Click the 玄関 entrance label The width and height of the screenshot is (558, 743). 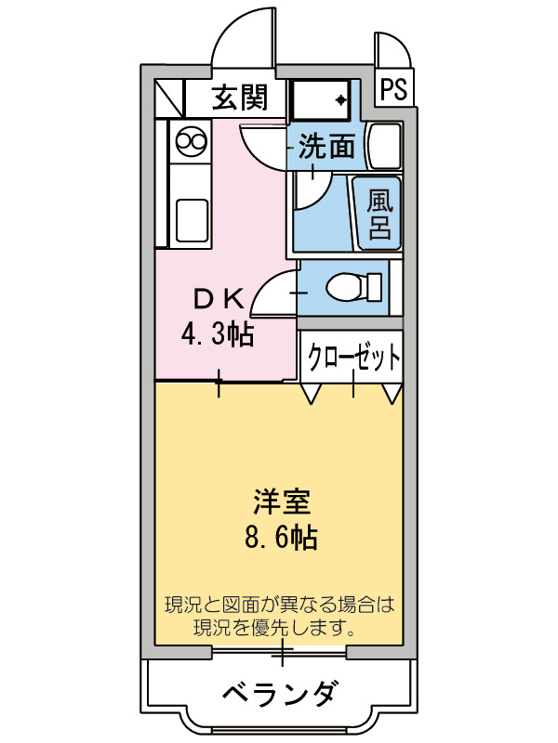click(x=240, y=98)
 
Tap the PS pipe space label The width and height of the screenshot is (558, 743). click(x=393, y=89)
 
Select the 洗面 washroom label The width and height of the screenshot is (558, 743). click(x=327, y=147)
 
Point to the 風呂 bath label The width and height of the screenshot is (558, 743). click(x=379, y=215)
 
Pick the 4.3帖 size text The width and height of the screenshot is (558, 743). click(x=218, y=334)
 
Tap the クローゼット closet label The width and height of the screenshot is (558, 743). click(x=354, y=357)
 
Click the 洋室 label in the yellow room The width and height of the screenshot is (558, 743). click(x=280, y=502)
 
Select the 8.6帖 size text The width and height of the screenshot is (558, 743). click(x=280, y=537)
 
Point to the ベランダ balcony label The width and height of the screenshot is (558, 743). click(x=280, y=693)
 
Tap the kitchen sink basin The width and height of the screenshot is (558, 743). click(x=192, y=218)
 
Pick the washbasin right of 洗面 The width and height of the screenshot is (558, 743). click(x=383, y=146)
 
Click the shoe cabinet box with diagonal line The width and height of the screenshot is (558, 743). click(x=170, y=97)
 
